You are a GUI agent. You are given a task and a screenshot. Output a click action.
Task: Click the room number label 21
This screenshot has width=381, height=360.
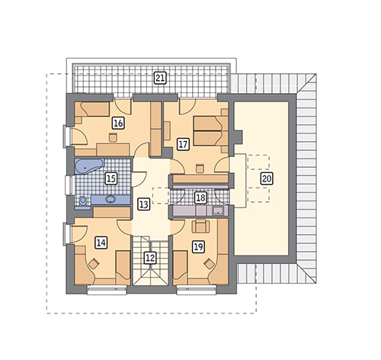click(160, 78)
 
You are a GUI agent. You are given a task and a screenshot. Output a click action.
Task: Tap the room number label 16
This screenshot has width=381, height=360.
click(118, 124)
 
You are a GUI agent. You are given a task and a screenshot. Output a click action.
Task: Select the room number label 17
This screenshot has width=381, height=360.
click(183, 144)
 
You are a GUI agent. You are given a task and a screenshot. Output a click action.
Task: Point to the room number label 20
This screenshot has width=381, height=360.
click(267, 178)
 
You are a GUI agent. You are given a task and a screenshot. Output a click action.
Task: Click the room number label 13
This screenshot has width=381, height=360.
click(143, 204)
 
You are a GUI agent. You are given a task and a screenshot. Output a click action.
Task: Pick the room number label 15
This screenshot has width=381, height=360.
click(111, 178)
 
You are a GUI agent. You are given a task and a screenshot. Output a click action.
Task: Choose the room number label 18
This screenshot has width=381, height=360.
click(200, 198)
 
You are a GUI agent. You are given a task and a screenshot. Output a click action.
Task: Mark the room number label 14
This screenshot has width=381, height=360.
click(101, 243)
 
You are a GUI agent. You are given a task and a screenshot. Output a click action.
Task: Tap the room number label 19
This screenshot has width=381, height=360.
click(198, 246)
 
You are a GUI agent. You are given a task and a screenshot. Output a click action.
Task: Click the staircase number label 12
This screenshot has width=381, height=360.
click(150, 258)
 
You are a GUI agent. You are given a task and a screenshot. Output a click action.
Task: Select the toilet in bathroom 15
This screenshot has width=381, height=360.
click(83, 201)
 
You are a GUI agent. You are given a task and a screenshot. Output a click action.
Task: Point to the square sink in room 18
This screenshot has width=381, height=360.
click(218, 211)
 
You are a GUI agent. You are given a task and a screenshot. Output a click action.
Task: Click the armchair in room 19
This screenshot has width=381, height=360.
click(200, 227)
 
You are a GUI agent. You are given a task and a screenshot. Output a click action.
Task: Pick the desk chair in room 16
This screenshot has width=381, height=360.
click(113, 137)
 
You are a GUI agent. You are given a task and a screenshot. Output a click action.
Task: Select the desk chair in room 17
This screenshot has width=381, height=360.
click(200, 169)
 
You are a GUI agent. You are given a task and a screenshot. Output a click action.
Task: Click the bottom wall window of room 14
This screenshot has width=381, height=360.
click(107, 290)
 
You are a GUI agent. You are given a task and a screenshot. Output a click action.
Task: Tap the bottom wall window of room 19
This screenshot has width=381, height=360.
click(197, 290)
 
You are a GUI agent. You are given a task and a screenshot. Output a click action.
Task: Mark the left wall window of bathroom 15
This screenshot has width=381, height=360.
click(69, 185)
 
